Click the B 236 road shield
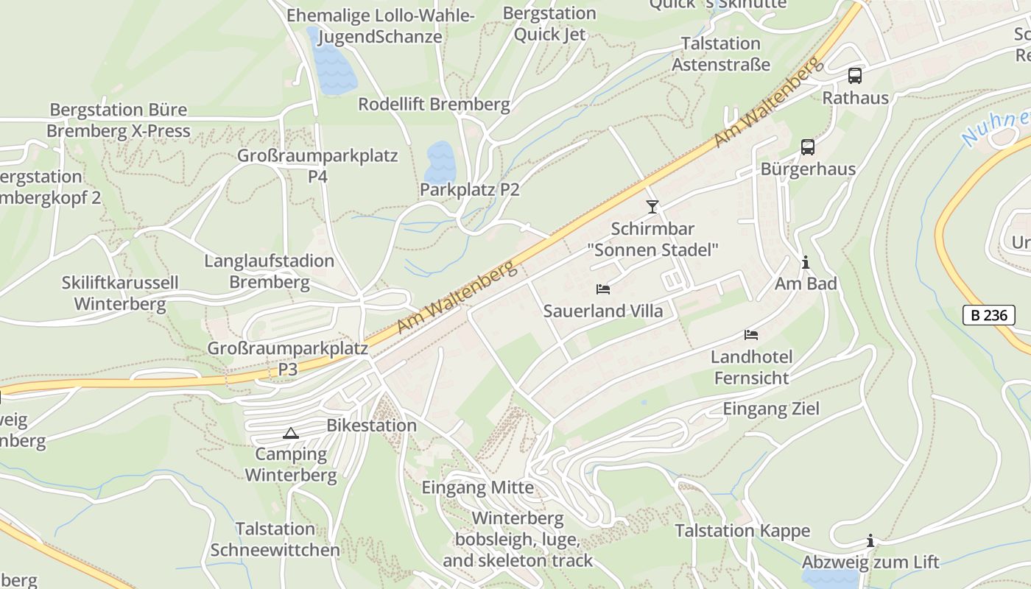988,315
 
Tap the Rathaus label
855,98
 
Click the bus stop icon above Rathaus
855,75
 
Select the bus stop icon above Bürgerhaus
808,147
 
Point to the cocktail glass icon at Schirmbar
652,206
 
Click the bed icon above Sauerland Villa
603,289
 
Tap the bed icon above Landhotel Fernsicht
751,335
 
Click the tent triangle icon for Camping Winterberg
290,433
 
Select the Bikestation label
372,426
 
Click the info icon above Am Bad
806,262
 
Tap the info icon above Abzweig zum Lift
870,541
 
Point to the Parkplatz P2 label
469,190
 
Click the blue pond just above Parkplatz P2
440,161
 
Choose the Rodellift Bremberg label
434,105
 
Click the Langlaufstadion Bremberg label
270,272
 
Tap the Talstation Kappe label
742,531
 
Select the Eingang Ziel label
771,409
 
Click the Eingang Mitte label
477,487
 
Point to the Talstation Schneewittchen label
275,540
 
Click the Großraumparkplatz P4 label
317,166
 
